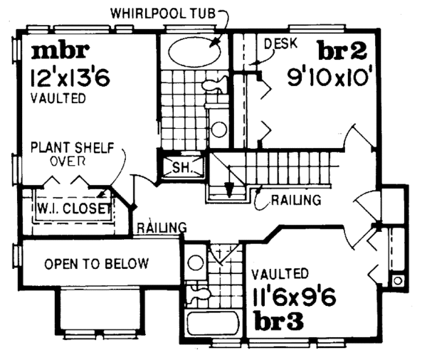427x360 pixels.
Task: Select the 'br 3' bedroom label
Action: click(279, 321)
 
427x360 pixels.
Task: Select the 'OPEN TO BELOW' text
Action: click(97, 264)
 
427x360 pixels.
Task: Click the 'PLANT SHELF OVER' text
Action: click(68, 154)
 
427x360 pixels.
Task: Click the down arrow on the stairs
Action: click(229, 189)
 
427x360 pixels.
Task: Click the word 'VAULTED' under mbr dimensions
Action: click(58, 98)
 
